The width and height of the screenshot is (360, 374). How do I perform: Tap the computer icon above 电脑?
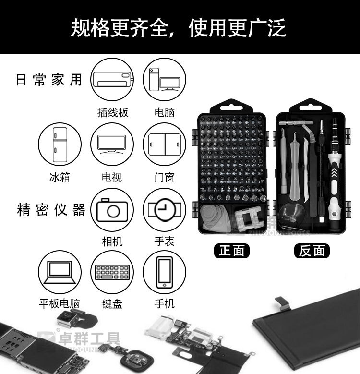pos(164,79)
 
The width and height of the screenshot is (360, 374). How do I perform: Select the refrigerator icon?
pos(60,144)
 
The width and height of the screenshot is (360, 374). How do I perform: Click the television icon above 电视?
pos(112,144)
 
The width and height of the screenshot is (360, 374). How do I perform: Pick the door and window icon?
pos(164,144)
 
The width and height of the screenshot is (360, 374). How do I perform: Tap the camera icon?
pos(112,209)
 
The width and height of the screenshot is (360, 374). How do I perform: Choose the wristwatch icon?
pos(164,209)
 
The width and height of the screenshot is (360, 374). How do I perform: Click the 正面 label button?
pos(232,250)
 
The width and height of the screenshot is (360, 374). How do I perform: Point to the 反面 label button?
pos(312,250)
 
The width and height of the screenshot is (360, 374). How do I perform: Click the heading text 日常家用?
pos(49,80)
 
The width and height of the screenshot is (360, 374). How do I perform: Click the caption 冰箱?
pos(60,177)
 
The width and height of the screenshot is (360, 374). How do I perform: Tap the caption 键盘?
pos(112,304)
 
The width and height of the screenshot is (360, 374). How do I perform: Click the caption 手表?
pos(164,241)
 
